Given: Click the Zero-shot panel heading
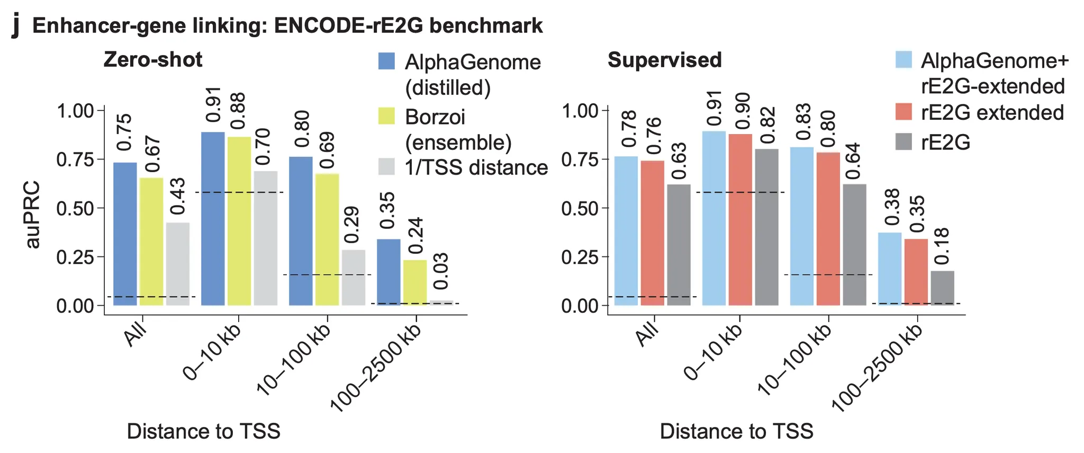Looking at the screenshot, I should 152,59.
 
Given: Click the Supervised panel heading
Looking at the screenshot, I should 664,60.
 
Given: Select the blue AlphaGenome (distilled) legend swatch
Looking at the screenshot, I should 386,61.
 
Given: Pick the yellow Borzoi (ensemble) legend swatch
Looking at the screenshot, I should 386,116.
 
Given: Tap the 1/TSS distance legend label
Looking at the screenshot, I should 476,167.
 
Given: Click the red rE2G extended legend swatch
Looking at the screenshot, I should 904,112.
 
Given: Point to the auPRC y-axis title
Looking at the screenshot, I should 33,215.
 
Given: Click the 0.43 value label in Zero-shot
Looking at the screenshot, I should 178,197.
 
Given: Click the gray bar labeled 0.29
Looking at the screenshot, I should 354,278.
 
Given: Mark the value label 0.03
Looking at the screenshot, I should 441,271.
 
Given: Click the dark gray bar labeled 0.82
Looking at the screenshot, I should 767,227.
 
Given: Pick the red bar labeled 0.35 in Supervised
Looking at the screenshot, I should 916,272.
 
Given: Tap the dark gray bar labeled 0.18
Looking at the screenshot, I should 943,288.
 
